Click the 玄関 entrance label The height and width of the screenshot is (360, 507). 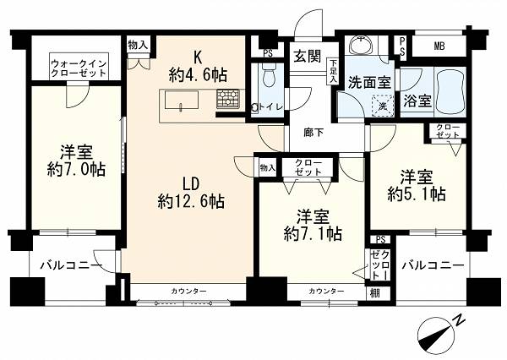[308, 57]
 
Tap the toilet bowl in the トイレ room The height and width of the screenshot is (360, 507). [269, 74]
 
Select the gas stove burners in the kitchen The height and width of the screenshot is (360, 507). [228, 98]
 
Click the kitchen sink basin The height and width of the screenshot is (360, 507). [182, 100]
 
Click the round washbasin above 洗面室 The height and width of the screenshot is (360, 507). [361, 45]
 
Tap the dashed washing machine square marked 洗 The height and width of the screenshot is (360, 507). [383, 106]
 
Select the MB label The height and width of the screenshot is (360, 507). [439, 46]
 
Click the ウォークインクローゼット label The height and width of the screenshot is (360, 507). [79, 68]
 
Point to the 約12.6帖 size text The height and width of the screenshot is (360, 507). [191, 201]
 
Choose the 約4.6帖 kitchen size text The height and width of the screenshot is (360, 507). [198, 75]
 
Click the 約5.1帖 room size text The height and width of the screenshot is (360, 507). [417, 194]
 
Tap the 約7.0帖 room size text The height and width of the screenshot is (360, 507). [76, 169]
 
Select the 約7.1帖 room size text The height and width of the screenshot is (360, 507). [313, 233]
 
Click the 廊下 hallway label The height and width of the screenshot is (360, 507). [313, 133]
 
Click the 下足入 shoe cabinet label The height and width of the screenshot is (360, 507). [333, 72]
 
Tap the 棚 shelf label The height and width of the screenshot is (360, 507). [375, 294]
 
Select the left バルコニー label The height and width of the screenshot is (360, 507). [71, 266]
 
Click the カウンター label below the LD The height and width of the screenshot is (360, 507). [188, 292]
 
